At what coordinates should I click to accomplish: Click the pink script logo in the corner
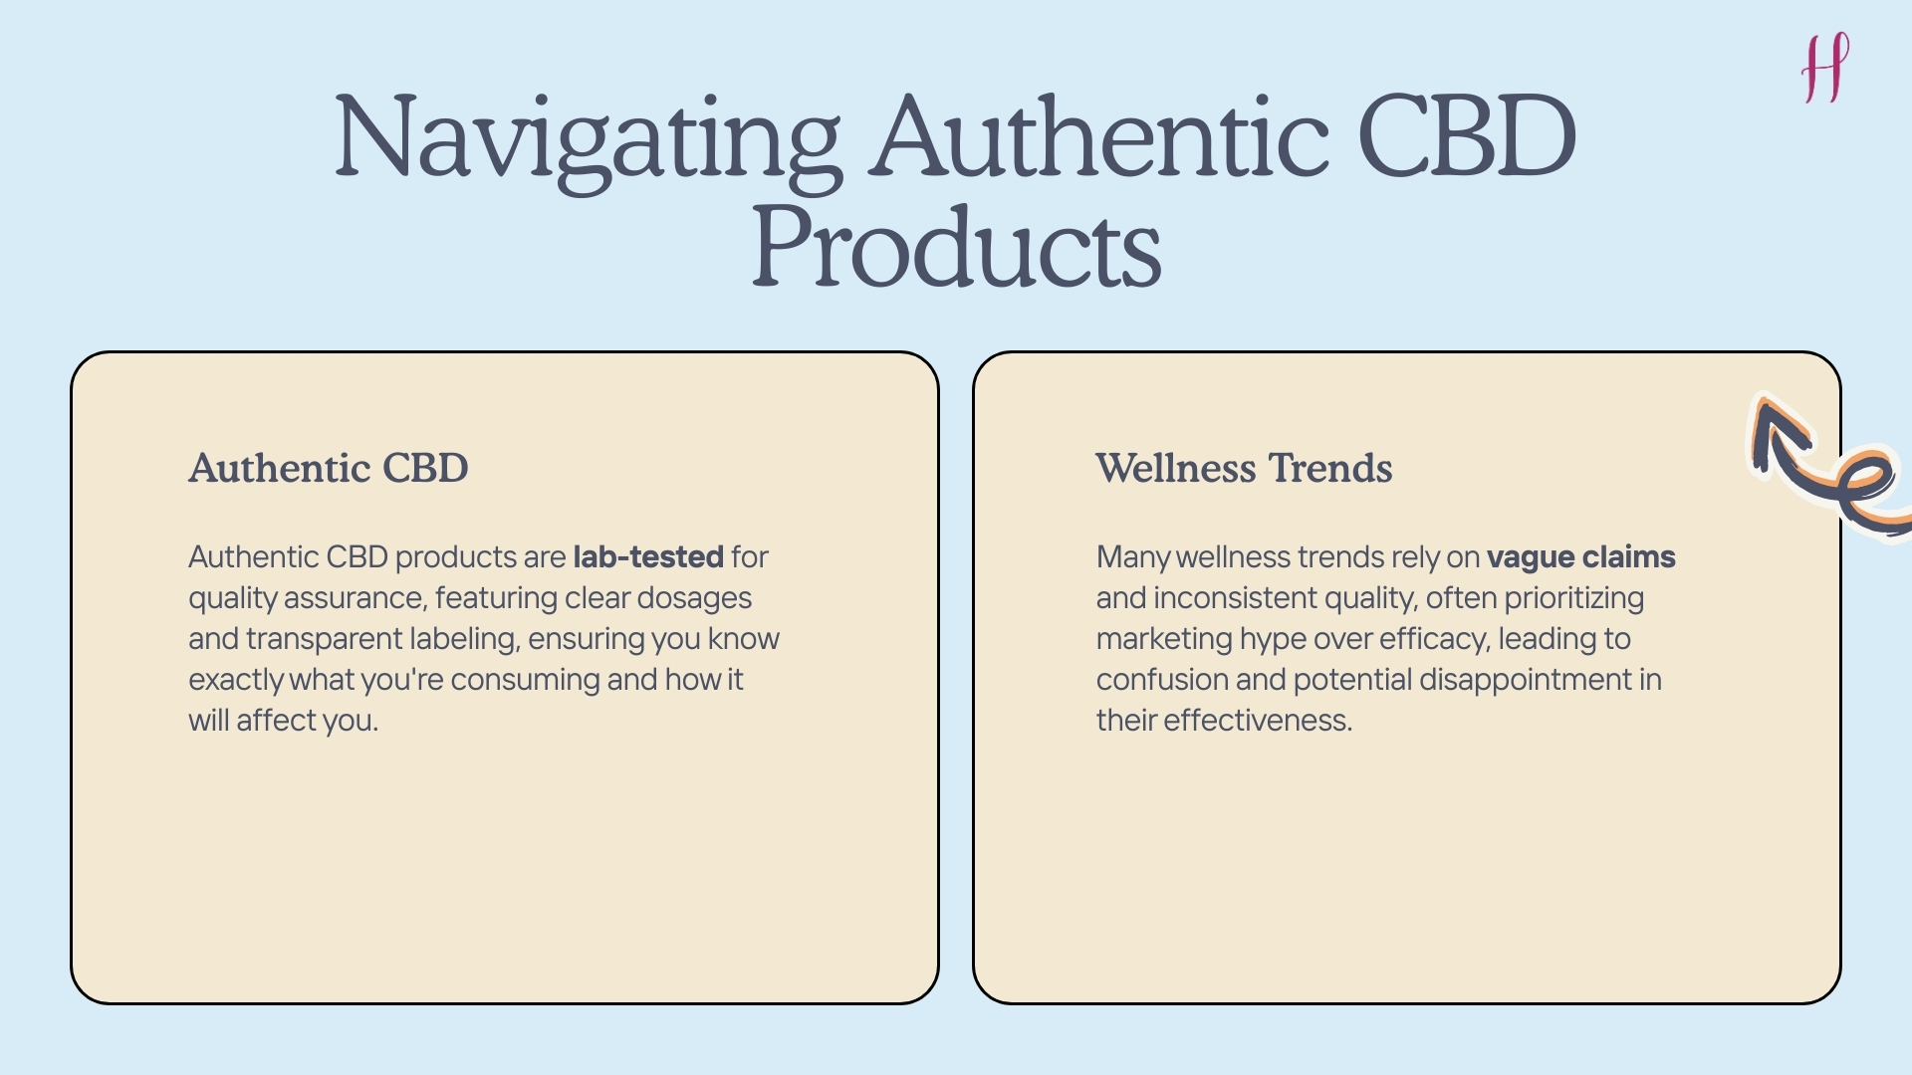[x=1825, y=67]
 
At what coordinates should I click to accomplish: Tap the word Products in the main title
[x=956, y=248]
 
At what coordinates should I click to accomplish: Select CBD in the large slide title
[x=1466, y=136]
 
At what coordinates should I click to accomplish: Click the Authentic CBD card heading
[x=329, y=468]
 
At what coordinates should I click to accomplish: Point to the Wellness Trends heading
[x=1244, y=468]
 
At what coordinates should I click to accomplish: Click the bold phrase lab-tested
[x=648, y=556]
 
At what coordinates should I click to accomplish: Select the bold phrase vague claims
[x=1580, y=556]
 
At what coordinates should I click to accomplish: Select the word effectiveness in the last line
[x=1257, y=721]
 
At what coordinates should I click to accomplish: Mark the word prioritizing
[x=1573, y=598]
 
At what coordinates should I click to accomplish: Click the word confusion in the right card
[x=1161, y=680]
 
